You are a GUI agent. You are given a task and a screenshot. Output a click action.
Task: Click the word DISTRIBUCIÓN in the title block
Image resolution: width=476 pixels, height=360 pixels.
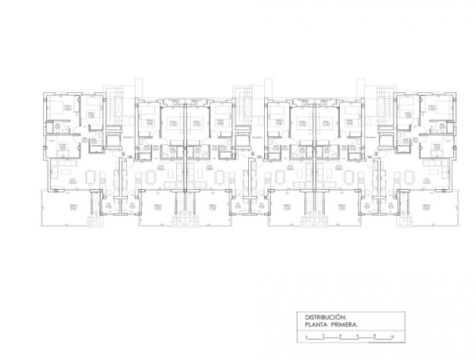pos(325,317)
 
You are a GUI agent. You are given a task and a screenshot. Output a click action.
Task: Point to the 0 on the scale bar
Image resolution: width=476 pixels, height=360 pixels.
pos(306,336)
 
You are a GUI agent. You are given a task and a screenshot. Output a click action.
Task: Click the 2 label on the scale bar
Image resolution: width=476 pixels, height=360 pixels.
pos(323,336)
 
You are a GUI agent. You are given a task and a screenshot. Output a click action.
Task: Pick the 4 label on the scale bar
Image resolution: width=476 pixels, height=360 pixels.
pos(341,336)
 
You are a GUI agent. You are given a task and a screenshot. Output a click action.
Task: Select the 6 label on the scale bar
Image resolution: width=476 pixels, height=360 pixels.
pos(357,336)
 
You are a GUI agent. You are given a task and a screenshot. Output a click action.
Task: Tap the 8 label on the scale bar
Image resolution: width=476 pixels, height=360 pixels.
pos(375,336)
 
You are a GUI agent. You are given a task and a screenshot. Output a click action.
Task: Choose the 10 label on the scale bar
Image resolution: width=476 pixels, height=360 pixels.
pos(392,336)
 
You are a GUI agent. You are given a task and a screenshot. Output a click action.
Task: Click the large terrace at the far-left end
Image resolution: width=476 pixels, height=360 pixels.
pos(64,208)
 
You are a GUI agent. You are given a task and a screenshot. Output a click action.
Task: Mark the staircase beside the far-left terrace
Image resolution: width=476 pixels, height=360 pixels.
pos(96,205)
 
